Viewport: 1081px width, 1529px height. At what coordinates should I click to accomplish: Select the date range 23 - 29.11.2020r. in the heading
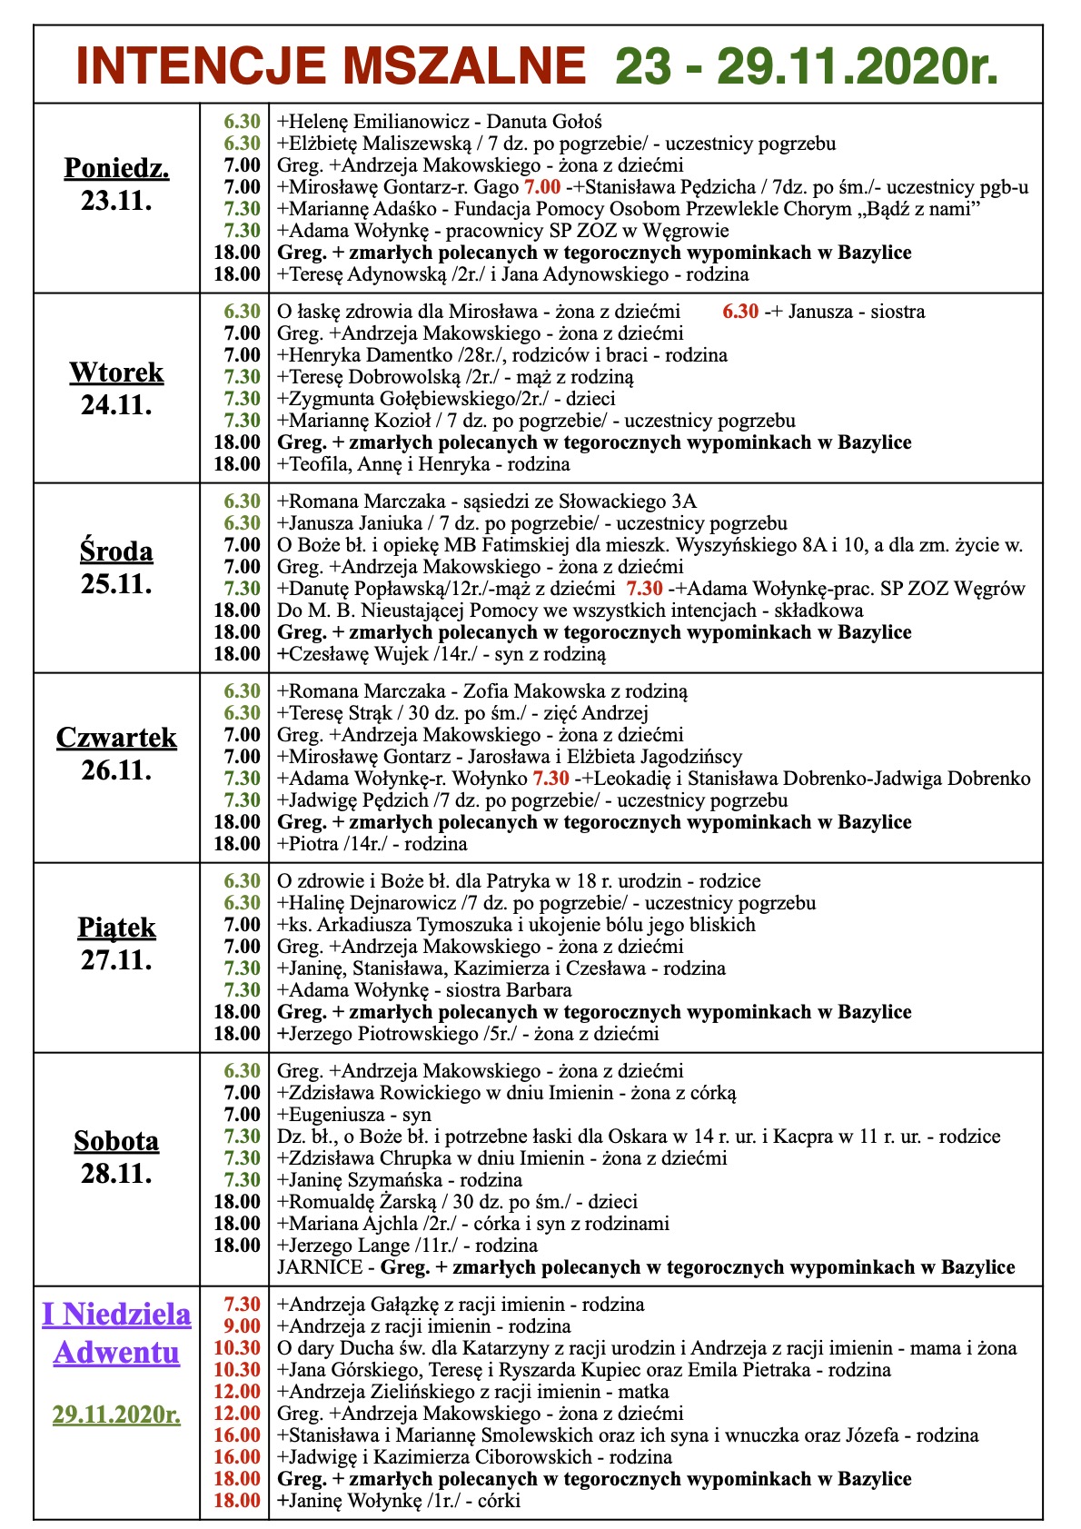807,66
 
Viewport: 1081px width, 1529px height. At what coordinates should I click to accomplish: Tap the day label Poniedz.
117,168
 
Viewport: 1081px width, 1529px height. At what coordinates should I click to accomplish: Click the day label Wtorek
117,372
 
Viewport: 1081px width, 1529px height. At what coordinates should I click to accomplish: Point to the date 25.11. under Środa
117,583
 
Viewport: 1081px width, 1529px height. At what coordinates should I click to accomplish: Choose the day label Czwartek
117,738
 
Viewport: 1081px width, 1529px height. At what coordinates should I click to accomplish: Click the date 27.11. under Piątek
117,959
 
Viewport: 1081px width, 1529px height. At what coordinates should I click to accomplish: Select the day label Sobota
117,1141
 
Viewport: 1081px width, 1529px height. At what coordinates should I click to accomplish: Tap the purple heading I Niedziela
117,1314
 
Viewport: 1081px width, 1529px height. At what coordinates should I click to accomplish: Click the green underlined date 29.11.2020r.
117,1415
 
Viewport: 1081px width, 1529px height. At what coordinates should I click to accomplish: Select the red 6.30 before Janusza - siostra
740,312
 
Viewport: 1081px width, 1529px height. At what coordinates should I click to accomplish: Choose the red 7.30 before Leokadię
550,779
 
